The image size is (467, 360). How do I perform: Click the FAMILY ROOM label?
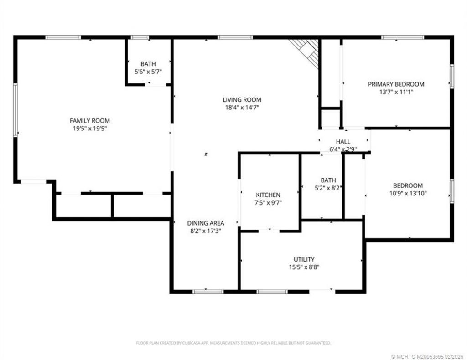click(x=89, y=121)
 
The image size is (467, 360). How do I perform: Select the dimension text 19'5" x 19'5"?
click(x=89, y=129)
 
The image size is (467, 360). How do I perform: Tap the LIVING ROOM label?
click(x=242, y=100)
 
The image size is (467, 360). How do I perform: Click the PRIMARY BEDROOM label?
click(x=396, y=84)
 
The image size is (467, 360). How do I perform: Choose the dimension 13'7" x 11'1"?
click(x=396, y=92)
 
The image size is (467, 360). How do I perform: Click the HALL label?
click(x=343, y=142)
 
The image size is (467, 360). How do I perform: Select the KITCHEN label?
click(x=268, y=195)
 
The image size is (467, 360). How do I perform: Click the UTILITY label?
click(x=304, y=259)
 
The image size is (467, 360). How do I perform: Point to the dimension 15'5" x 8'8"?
click(x=304, y=267)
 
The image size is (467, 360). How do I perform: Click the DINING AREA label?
click(x=206, y=223)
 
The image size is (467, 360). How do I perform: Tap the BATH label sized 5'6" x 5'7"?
click(x=148, y=64)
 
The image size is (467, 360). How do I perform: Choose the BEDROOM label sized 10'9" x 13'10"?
click(x=408, y=185)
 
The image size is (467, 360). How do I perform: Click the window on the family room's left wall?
click(x=15, y=109)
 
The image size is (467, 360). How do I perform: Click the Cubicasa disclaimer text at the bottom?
click(x=233, y=343)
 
